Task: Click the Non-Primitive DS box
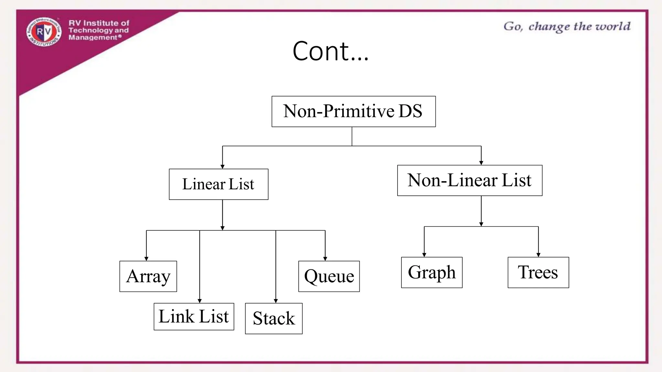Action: click(x=353, y=111)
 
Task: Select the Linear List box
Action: click(x=219, y=184)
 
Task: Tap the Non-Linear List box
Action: click(x=469, y=180)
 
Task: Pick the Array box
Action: click(x=148, y=276)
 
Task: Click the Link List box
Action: click(x=194, y=316)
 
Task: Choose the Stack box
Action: click(x=273, y=318)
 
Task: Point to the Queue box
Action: click(x=329, y=276)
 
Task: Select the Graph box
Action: click(x=432, y=272)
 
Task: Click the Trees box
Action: click(x=538, y=272)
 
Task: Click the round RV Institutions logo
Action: click(x=44, y=32)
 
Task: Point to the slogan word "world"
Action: click(x=613, y=26)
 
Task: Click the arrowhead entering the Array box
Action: click(x=146, y=259)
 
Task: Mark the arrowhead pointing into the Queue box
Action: click(x=325, y=259)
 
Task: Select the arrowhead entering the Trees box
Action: click(x=538, y=255)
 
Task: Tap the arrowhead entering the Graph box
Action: click(x=424, y=255)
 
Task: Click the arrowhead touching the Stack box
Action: click(x=276, y=301)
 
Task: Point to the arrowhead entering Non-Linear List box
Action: click(x=481, y=163)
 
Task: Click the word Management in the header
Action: click(x=93, y=37)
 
